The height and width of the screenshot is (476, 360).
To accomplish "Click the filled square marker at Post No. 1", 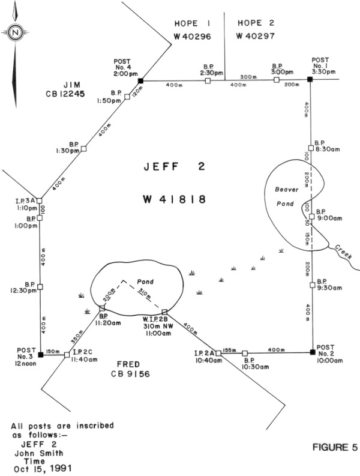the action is [x=310, y=79].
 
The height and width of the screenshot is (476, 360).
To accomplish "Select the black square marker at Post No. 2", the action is [x=313, y=352].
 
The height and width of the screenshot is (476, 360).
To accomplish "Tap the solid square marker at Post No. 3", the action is [x=40, y=355].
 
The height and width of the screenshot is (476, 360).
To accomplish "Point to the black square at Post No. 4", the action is [x=140, y=81].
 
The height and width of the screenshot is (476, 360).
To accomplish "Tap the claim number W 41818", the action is [x=175, y=199].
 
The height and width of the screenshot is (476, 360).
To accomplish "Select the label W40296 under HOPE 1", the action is [x=193, y=37].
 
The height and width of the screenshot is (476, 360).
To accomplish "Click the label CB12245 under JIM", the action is [x=65, y=94].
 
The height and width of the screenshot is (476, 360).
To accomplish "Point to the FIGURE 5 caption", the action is [x=335, y=447].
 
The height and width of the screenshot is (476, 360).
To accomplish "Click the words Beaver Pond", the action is [x=286, y=196].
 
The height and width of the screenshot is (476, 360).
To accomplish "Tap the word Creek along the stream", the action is [x=343, y=252].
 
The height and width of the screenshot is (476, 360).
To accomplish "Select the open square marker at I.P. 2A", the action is [x=218, y=353].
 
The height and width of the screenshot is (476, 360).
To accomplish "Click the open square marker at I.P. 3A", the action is [x=39, y=200].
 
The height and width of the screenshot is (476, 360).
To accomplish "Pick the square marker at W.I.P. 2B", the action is [x=164, y=312].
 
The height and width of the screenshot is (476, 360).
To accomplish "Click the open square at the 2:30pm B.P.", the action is [x=208, y=80].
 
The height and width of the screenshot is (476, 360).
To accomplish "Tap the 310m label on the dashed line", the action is [x=145, y=294].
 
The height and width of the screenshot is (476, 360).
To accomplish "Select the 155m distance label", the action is [x=229, y=350].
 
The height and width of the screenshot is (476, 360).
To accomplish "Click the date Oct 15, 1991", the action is [x=43, y=468].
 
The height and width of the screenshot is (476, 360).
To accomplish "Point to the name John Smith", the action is [x=39, y=453].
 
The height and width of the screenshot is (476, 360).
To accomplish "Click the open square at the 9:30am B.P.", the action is [x=313, y=285].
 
